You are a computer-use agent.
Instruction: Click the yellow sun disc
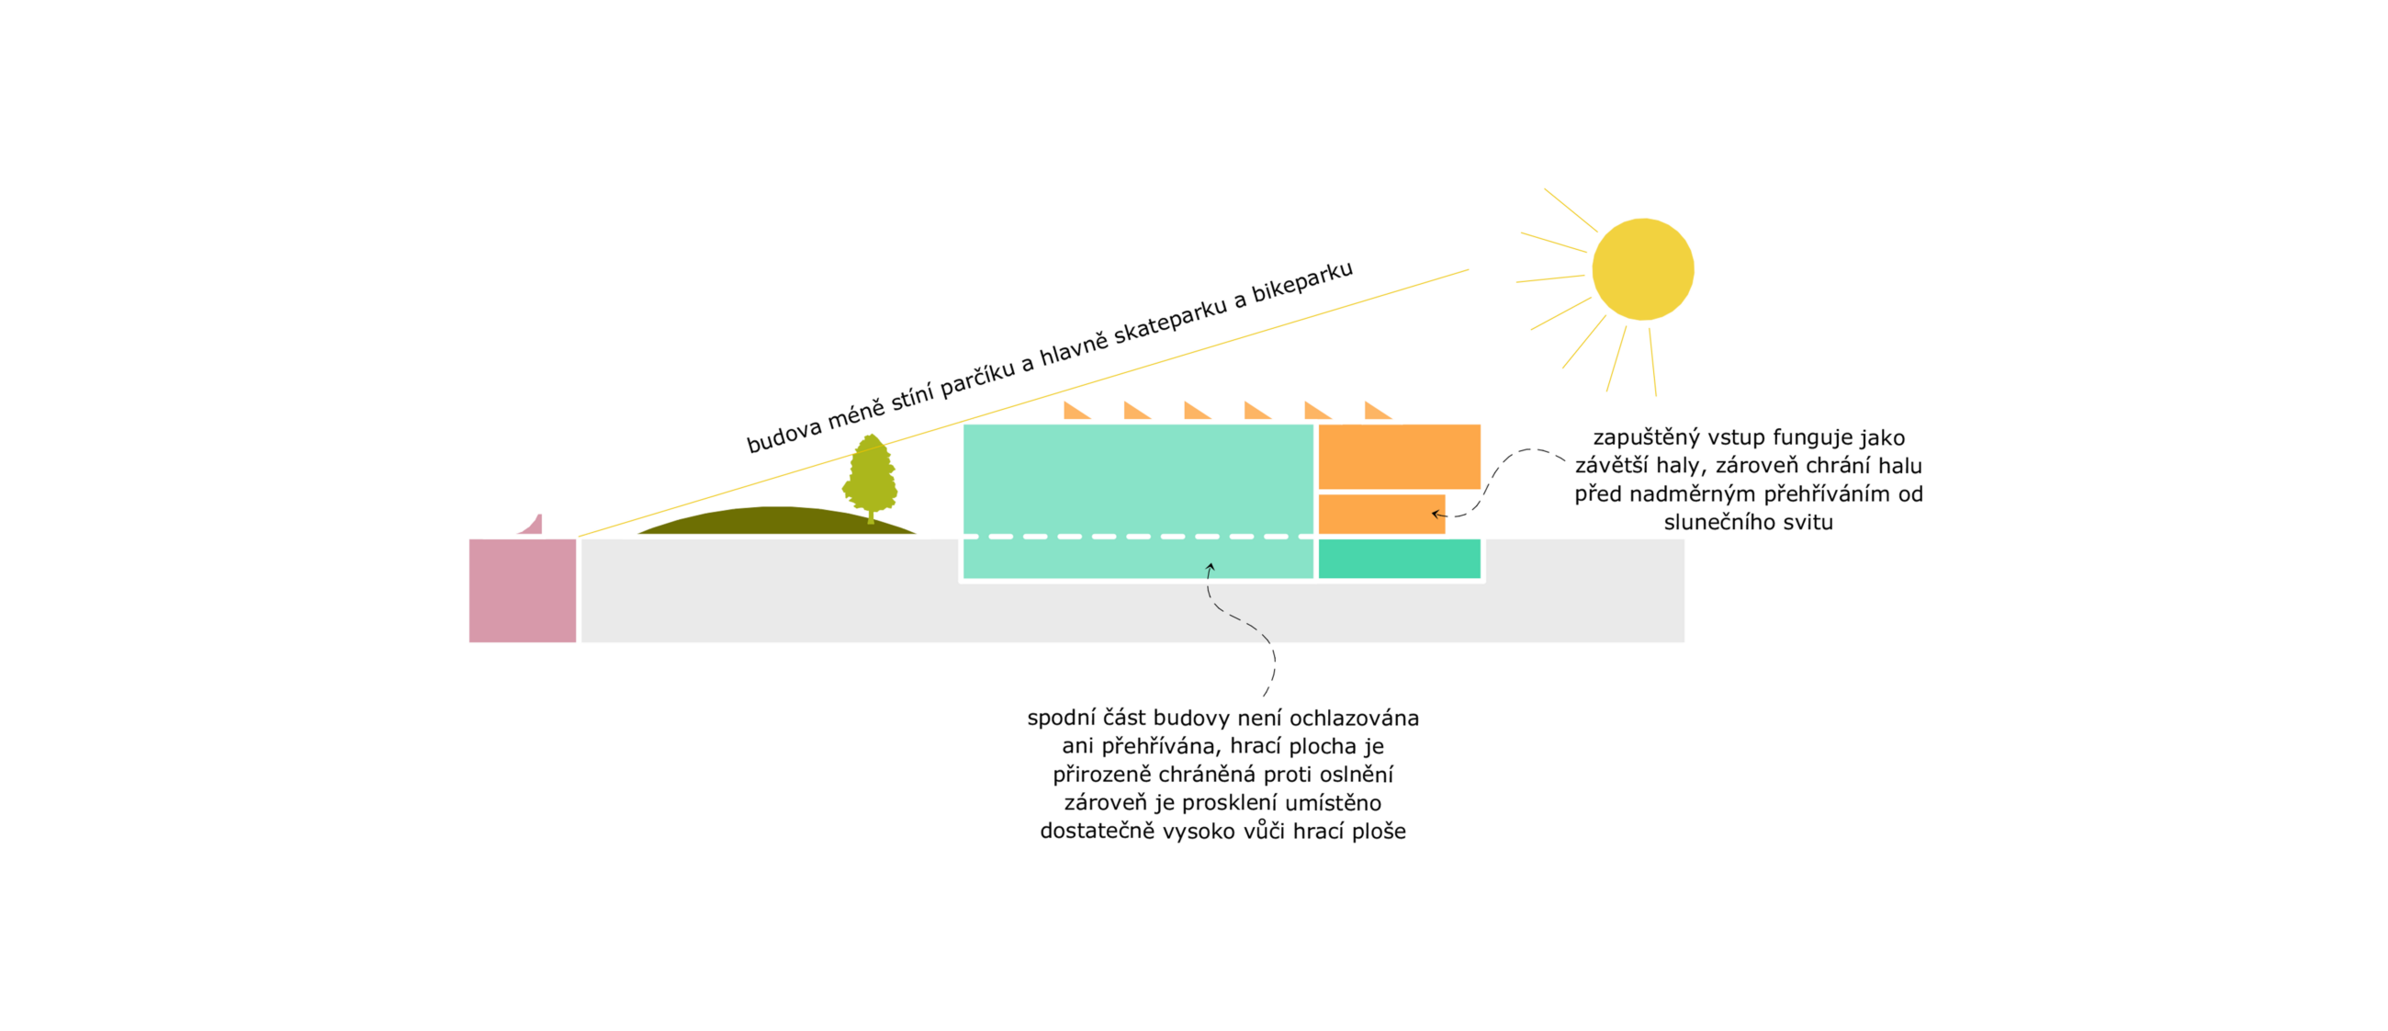[x=1643, y=269]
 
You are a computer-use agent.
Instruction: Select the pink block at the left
[x=522, y=591]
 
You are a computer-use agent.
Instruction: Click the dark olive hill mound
[x=777, y=520]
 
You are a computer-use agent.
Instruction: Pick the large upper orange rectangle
[x=1399, y=456]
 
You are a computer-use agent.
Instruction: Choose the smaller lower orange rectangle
[x=1381, y=514]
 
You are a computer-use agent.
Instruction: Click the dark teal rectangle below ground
[x=1399, y=558]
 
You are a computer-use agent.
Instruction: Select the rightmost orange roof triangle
[x=1378, y=411]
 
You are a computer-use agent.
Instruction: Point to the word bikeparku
[x=1301, y=282]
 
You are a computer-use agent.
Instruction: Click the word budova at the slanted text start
[x=783, y=434]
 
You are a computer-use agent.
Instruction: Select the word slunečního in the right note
[x=1723, y=522]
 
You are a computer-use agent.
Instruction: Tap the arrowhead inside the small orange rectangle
[x=1436, y=514]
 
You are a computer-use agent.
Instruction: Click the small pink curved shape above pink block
[x=530, y=524]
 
